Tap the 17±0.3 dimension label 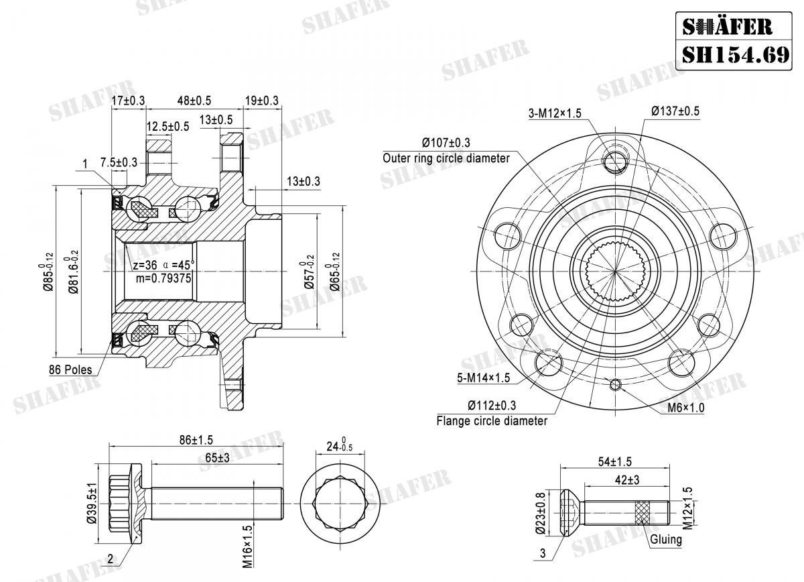pyautogui.click(x=128, y=101)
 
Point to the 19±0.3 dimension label pyautogui.click(x=261, y=101)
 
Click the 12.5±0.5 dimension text pyautogui.click(x=168, y=126)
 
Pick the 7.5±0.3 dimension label pyautogui.click(x=119, y=162)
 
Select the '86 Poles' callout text pyautogui.click(x=70, y=369)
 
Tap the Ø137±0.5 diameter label pyautogui.click(x=675, y=111)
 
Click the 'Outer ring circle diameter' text pyautogui.click(x=446, y=158)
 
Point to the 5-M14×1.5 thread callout pyautogui.click(x=484, y=377)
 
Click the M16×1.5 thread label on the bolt pyautogui.click(x=248, y=546)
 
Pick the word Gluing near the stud pyautogui.click(x=665, y=539)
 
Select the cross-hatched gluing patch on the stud pyautogui.click(x=643, y=514)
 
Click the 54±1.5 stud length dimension pyautogui.click(x=613, y=461)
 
